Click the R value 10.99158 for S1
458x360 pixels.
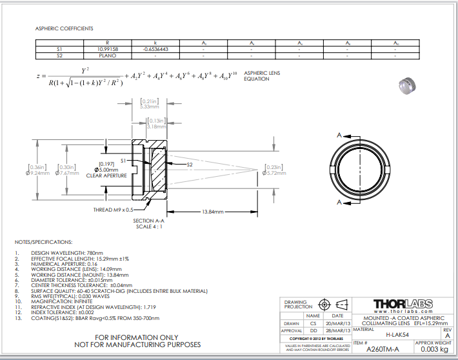pos(107,49)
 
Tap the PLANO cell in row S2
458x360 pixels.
pos(107,56)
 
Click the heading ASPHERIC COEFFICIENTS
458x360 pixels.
pos(64,29)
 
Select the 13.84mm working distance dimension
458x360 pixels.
pos(214,212)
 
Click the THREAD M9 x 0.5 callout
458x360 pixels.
pos(114,210)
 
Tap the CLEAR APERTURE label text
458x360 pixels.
pos(105,175)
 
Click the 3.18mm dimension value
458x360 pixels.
pos(157,126)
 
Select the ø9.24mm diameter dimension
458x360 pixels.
pos(37,173)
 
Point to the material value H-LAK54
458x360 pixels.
pos(395,335)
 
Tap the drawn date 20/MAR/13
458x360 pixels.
pos(338,323)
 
